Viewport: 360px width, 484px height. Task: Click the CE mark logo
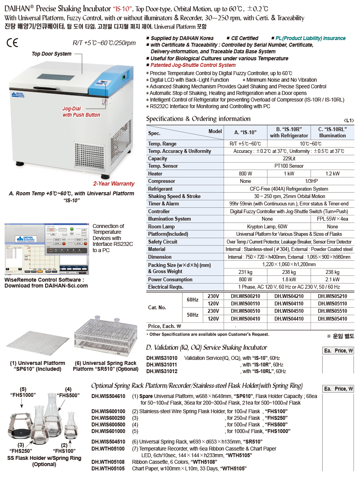click(12, 42)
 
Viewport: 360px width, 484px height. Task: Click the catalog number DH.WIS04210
click(289, 296)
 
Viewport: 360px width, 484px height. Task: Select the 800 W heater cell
click(245, 174)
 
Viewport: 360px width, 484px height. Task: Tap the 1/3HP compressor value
click(289, 181)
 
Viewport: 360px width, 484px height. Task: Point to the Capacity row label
click(158, 159)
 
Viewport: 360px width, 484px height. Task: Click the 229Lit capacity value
click(289, 159)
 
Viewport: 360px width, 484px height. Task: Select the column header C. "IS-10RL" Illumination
click(332, 132)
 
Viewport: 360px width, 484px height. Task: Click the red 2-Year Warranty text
click(114, 184)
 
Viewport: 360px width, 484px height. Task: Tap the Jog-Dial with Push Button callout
click(81, 112)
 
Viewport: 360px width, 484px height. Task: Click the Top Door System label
click(51, 54)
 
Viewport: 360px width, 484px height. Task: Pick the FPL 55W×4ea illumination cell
click(332, 219)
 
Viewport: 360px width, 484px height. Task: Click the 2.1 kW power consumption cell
click(332, 279)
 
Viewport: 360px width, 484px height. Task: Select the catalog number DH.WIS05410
click(332, 319)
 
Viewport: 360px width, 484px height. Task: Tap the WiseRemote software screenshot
click(46, 249)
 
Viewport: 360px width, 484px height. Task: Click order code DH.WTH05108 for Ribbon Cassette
click(108, 462)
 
